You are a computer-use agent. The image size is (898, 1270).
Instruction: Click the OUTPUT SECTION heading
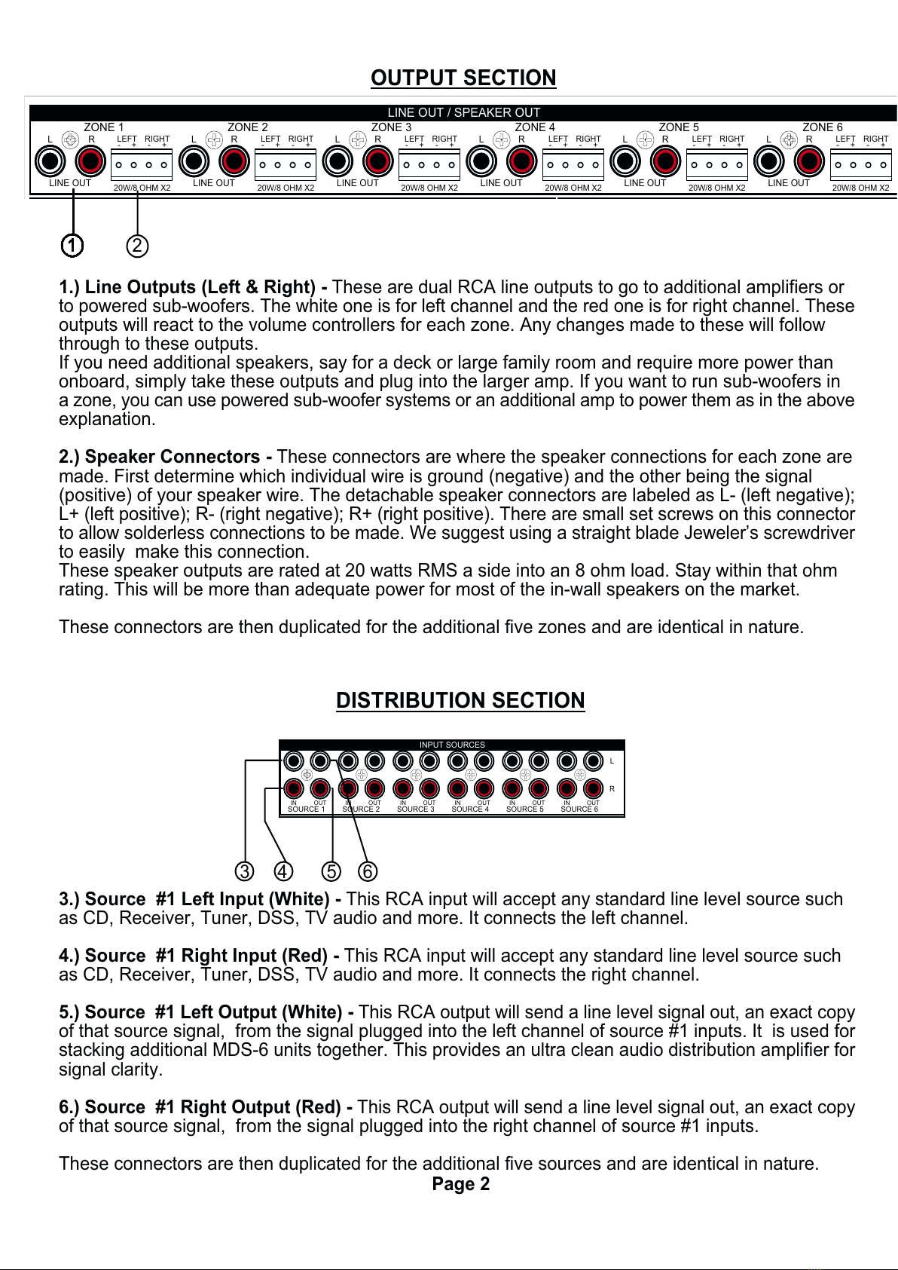463,78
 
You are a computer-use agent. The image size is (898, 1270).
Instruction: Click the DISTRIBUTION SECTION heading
460,700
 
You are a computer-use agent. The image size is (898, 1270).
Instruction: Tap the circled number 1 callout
72,246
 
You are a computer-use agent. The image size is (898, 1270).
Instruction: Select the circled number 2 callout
137,246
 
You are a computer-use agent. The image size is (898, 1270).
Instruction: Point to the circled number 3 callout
244,871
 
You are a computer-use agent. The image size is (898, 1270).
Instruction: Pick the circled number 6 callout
367,871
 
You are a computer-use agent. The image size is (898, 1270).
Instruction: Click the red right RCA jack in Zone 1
90,161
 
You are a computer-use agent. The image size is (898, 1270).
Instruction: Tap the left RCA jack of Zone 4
481,161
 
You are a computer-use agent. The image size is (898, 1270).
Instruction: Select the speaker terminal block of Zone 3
429,165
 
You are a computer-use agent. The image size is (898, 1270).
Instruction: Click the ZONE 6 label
822,127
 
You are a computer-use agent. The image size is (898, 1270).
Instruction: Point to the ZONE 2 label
248,127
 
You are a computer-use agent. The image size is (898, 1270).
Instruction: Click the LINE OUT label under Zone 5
645,183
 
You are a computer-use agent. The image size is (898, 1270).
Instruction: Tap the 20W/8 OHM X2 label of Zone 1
142,188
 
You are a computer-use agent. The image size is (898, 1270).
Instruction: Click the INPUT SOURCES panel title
452,745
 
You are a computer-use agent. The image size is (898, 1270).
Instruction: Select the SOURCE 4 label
470,809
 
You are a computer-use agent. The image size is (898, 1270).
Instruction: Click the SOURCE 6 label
579,809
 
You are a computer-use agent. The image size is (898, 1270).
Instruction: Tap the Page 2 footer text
460,1184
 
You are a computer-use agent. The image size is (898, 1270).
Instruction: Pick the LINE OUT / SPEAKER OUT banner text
463,112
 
